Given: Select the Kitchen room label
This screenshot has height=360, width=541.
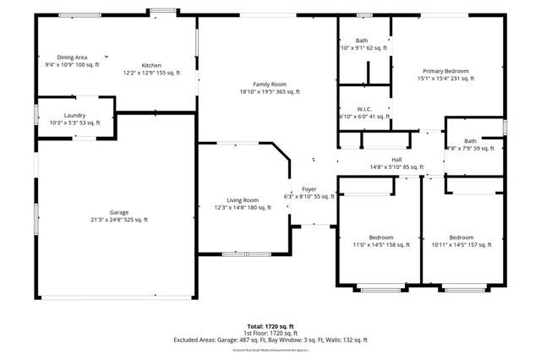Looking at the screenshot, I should pyautogui.click(x=151, y=65).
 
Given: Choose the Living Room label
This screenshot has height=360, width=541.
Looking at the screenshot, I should pyautogui.click(x=242, y=199).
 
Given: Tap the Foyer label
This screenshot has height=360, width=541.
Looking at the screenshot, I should pyautogui.click(x=309, y=188).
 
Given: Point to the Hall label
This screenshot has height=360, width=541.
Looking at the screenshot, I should pyautogui.click(x=396, y=159).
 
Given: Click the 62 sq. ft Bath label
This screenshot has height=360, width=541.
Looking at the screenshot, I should pyautogui.click(x=362, y=41).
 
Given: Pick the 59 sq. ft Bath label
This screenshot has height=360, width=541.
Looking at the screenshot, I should pyautogui.click(x=470, y=141).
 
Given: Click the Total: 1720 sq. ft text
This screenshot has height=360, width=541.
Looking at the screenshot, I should pyautogui.click(x=270, y=325).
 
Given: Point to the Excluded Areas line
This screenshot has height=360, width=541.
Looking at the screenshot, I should pyautogui.click(x=270, y=340).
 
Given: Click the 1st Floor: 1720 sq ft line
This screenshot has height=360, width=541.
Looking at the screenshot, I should pyautogui.click(x=270, y=333).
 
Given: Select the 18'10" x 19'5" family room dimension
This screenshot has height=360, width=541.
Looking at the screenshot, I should pyautogui.click(x=269, y=92).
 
